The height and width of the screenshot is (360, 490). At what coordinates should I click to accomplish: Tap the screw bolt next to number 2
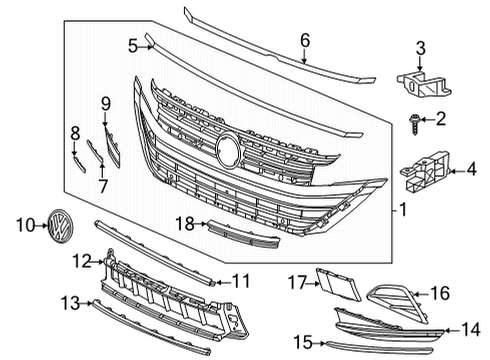413,120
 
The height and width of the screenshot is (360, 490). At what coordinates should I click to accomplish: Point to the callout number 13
69,303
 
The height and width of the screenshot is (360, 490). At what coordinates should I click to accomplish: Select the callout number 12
82,261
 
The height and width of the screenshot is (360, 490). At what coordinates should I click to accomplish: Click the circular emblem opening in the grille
228,150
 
